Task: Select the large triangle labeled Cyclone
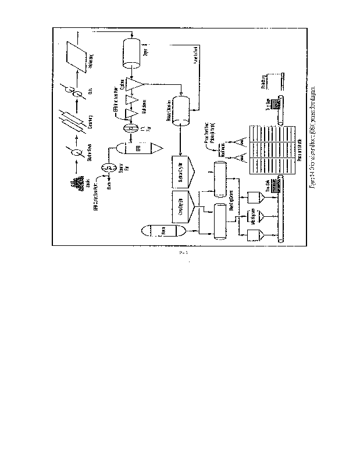(x=136, y=85)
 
